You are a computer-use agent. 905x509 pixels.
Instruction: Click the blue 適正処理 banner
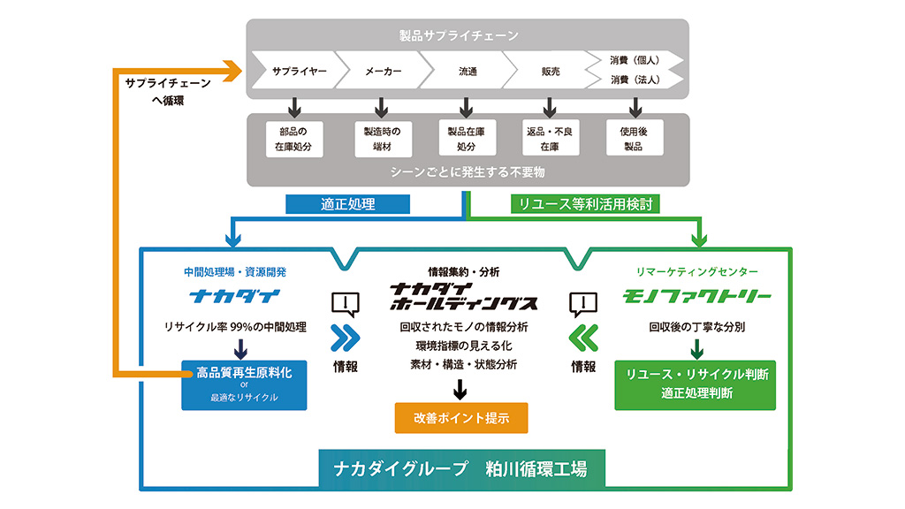tap(347, 204)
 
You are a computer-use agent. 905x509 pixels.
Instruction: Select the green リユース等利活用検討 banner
tap(585, 204)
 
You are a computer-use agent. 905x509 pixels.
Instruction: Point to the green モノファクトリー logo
tap(697, 295)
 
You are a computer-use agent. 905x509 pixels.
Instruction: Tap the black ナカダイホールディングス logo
tap(463, 295)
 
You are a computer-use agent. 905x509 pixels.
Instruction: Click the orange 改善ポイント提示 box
tap(461, 418)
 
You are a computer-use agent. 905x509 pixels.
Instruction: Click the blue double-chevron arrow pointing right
tap(346, 338)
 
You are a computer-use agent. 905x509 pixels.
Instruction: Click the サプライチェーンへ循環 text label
tap(168, 91)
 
